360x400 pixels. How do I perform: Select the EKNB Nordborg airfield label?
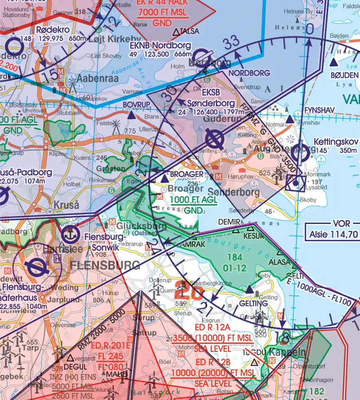pos(160,46)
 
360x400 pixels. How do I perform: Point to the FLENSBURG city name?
pos(105,265)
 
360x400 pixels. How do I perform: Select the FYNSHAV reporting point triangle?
pos(290,119)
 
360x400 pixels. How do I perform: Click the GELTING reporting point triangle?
pos(249,289)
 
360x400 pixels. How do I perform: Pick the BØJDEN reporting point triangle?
pos(333,62)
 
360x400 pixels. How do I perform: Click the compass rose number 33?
pos(231,42)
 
